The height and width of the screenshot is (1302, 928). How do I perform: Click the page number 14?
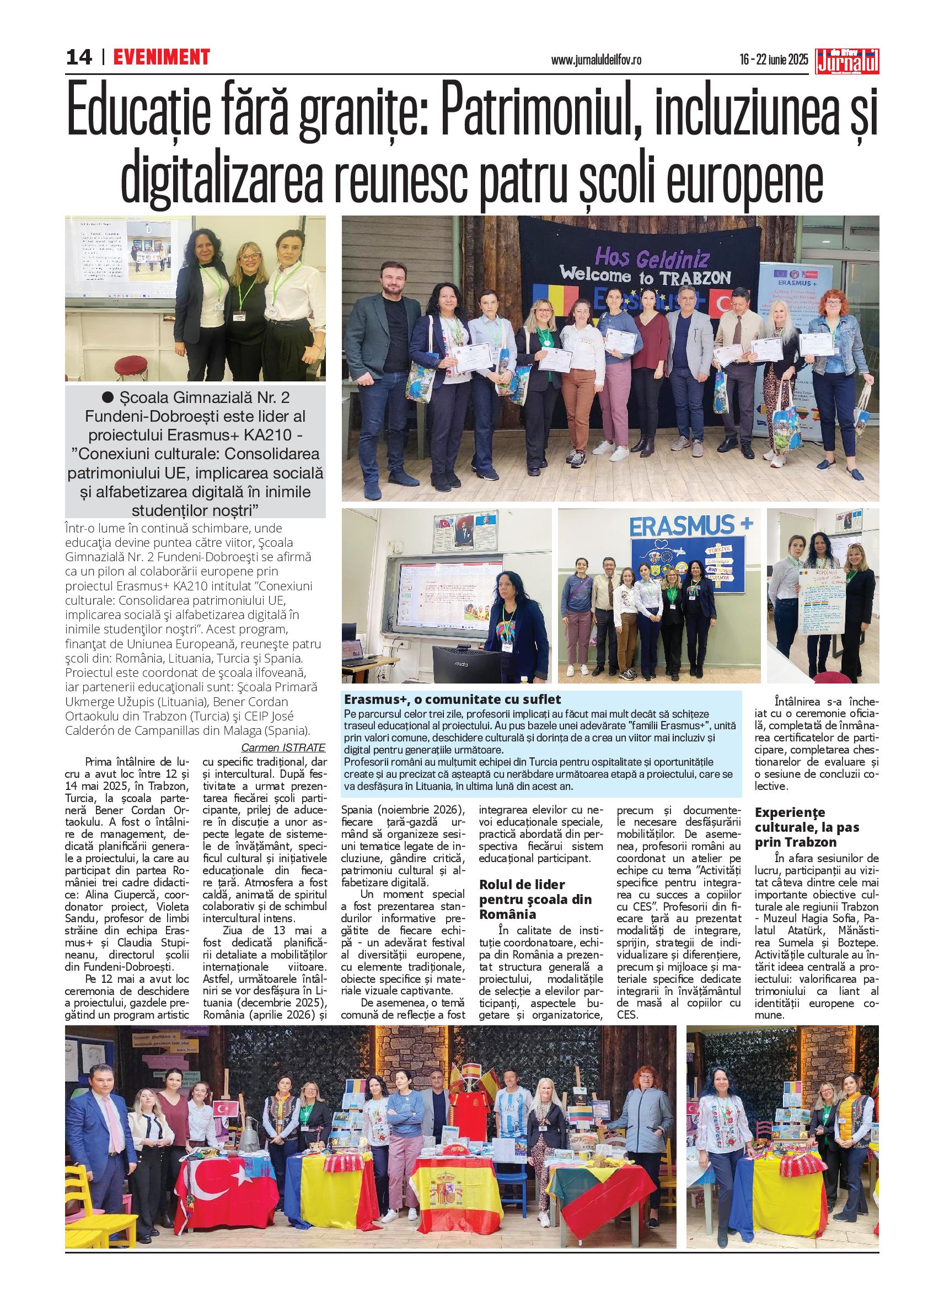pyautogui.click(x=79, y=57)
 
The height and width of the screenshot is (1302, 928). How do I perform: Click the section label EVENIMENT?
pyautogui.click(x=161, y=57)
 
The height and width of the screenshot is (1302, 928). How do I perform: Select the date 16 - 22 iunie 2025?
pyautogui.click(x=774, y=60)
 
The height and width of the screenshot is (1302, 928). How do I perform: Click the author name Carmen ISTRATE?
pyautogui.click(x=283, y=748)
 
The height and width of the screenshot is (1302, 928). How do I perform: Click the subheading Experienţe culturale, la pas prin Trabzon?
pyautogui.click(x=807, y=827)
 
